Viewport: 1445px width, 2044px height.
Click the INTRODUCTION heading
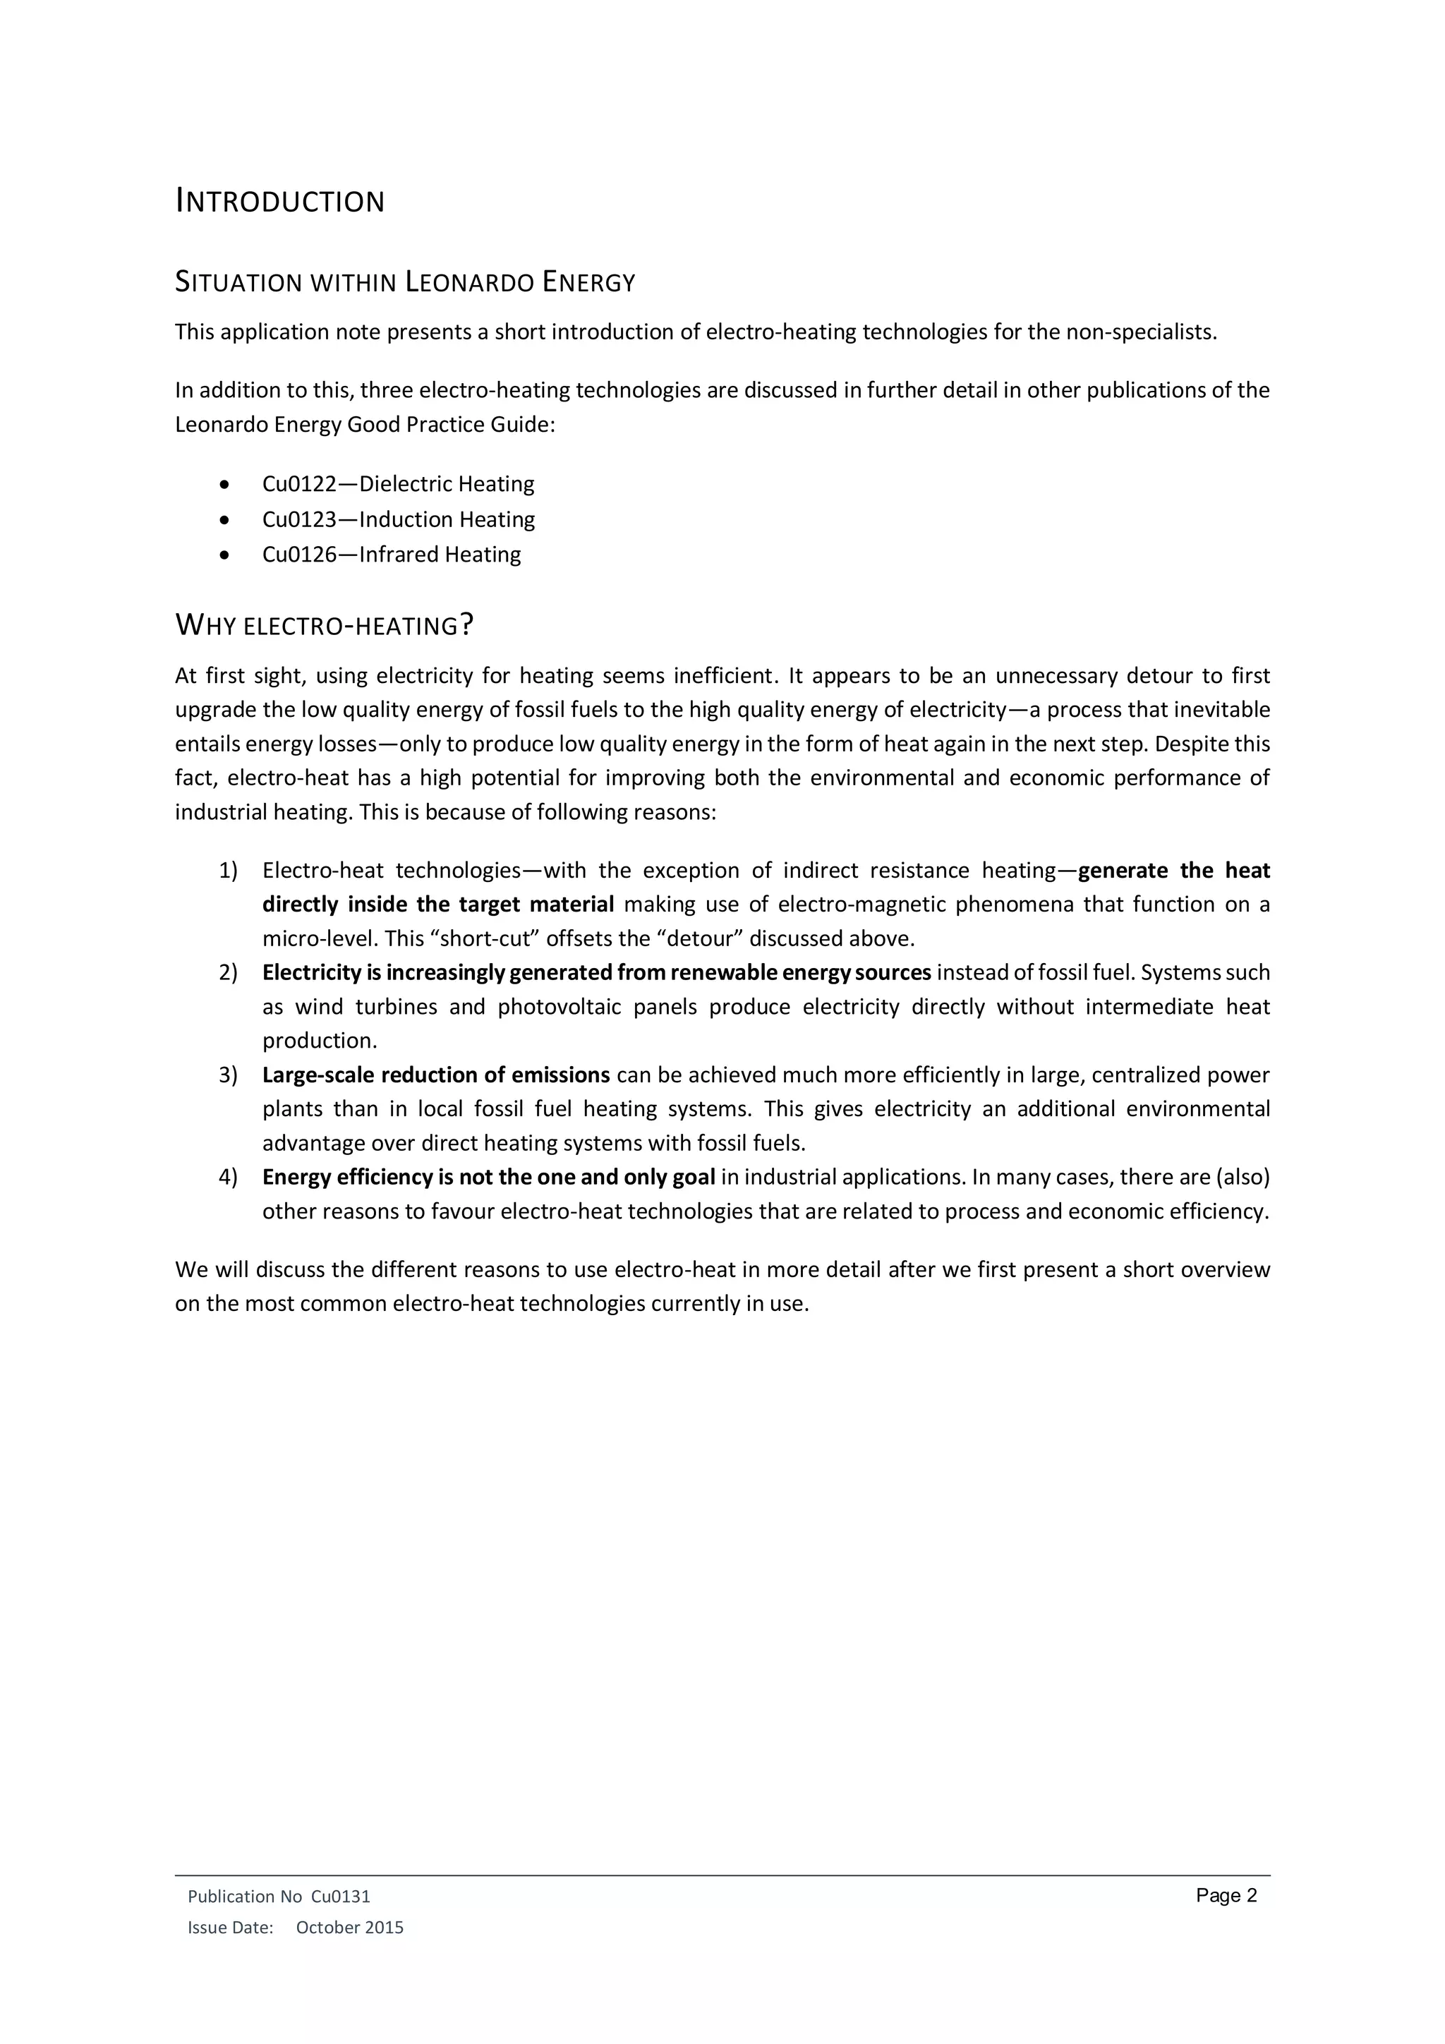point(279,202)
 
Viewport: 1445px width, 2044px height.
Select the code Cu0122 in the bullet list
point(299,484)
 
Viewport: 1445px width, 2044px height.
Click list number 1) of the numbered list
point(228,871)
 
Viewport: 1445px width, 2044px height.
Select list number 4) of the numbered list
point(228,1178)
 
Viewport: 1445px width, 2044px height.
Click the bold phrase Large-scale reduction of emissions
point(435,1075)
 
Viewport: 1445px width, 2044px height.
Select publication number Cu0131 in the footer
point(340,1897)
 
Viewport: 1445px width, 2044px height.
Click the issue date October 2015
point(349,1928)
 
